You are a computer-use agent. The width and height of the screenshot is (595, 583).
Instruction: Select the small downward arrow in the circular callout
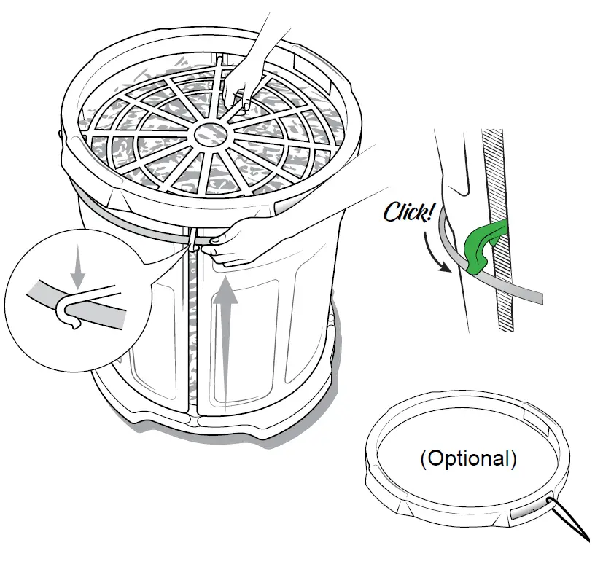point(78,270)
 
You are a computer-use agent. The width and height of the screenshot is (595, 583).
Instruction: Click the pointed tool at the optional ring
point(572,522)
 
